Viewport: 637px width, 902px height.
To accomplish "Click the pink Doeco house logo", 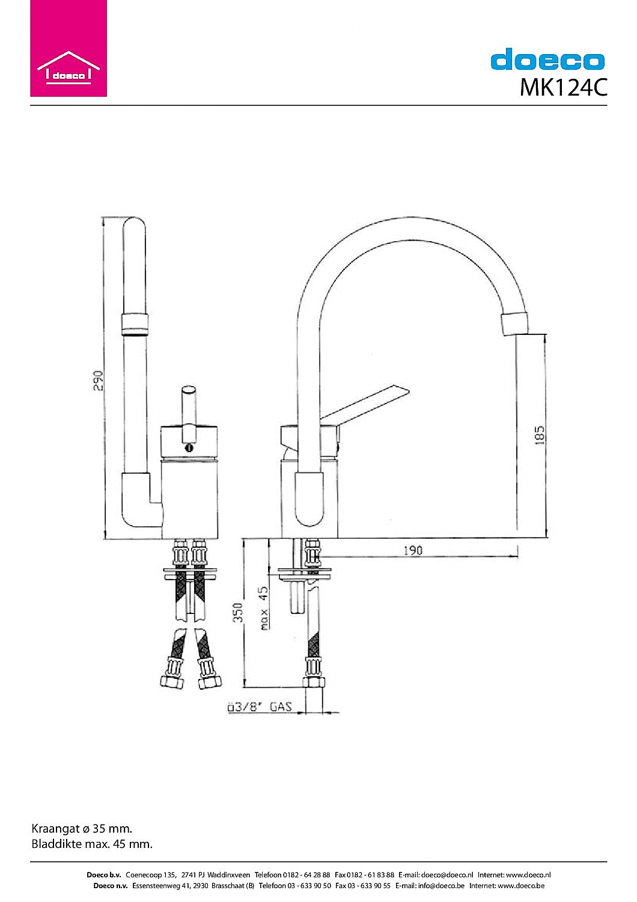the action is (x=69, y=48).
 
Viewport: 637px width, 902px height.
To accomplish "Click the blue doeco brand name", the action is (x=547, y=59).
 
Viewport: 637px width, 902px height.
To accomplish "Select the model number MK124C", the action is (x=563, y=87).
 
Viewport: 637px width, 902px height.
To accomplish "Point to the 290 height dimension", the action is (x=98, y=381).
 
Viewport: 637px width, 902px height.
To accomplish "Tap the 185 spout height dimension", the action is (x=540, y=435).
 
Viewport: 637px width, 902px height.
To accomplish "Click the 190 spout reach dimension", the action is (x=413, y=550).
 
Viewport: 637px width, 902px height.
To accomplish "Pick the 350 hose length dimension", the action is (x=239, y=612).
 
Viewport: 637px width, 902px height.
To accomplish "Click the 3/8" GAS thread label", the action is (x=260, y=707).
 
